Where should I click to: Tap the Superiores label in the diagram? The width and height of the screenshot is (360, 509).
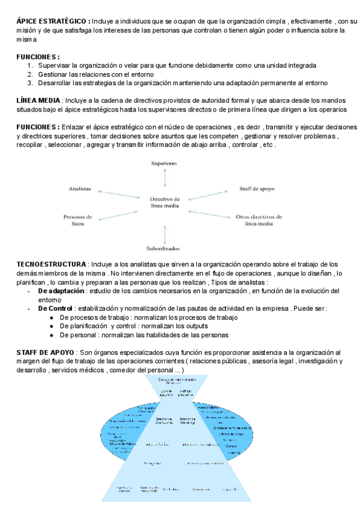tap(164, 163)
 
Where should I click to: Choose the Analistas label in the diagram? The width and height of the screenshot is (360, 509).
tap(79, 188)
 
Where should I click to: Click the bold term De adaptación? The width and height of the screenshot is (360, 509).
tap(61, 291)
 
